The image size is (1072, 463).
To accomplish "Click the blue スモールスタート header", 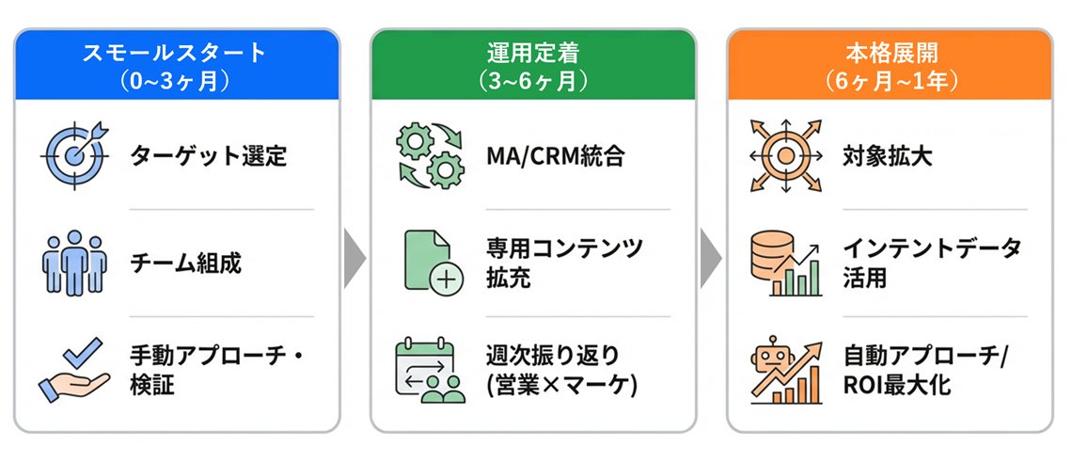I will pyautogui.click(x=176, y=64).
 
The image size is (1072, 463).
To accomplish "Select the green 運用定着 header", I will pyautogui.click(x=533, y=64).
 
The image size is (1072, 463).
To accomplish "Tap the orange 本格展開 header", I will pyautogui.click(x=890, y=64).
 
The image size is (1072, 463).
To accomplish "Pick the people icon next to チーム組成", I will pyautogui.click(x=75, y=263).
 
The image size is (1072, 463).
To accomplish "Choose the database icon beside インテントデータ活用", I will pyautogui.click(x=786, y=263).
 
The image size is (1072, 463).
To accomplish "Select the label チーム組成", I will pyautogui.click(x=185, y=263).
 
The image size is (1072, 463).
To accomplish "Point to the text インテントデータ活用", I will pyautogui.click(x=931, y=263).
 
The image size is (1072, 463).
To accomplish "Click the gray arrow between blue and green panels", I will pyautogui.click(x=355, y=256).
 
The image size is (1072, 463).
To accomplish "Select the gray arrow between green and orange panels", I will pyautogui.click(x=711, y=256).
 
